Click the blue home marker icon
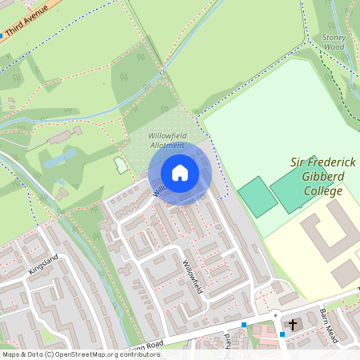pos(180,173)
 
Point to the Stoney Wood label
pos(333,42)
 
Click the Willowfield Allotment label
pos(166,141)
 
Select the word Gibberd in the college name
pos(323,177)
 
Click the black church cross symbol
pos(293,325)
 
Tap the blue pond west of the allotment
pos(60,158)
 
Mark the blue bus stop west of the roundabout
pos(243,324)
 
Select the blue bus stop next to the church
pos(282,334)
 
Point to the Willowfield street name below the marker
pos(194,277)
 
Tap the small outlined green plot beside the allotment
pos(121,165)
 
